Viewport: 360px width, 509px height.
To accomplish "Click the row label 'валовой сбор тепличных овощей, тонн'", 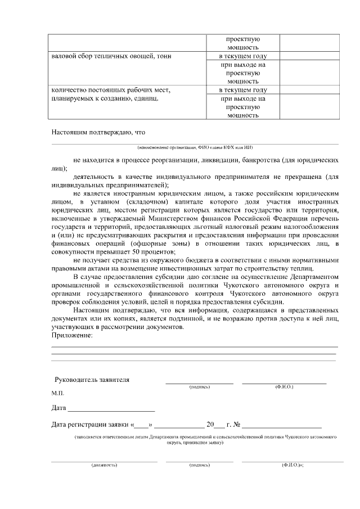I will (111, 56).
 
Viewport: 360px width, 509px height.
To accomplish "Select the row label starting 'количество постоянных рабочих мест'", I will (110, 90).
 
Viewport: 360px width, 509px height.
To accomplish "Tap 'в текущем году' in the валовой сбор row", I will (242, 56).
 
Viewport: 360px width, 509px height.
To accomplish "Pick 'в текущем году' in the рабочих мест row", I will (242, 90).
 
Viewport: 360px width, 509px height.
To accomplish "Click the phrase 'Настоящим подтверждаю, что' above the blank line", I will (98, 133).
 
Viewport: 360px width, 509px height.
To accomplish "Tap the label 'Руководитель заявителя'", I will (92, 380).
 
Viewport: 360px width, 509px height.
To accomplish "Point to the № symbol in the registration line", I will (237, 425).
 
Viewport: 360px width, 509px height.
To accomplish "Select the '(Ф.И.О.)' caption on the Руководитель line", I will (284, 387).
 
